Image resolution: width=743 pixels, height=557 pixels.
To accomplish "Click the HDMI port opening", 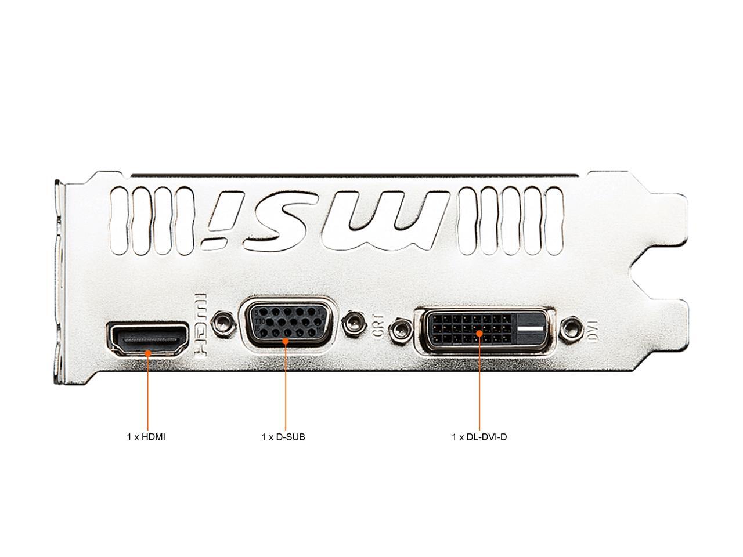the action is pos(148,338).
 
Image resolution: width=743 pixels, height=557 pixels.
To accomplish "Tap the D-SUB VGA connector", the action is pos(286,324).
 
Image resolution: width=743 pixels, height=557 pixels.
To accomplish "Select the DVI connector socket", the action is pos(484,329).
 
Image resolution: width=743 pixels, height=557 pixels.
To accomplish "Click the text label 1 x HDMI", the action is pos(146,437).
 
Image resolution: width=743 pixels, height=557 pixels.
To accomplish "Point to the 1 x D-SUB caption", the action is pos(283,437).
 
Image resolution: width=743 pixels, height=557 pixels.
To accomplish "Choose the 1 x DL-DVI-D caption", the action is pos(479,437).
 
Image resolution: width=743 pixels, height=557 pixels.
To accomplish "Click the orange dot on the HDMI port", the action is pos(148,353).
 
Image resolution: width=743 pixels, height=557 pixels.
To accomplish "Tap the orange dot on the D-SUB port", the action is pos(286,341).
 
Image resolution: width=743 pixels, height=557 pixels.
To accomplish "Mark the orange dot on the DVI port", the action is pos(479,333).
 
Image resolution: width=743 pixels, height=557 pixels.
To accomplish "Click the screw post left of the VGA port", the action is pos(222,321).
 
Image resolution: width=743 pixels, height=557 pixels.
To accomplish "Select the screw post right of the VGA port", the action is pos(354,322).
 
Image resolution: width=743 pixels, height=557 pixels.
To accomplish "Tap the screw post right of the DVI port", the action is pos(571,328).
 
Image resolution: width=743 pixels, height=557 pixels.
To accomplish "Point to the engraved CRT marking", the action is pos(378,326).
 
